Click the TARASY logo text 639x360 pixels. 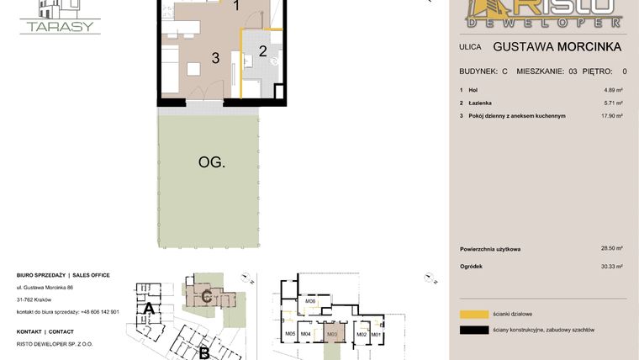pyautogui.click(x=60, y=26)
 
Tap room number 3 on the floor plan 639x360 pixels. pyautogui.click(x=215, y=58)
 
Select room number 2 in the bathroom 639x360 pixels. pyautogui.click(x=262, y=51)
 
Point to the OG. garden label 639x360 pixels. pyautogui.click(x=211, y=162)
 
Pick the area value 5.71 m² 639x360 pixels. pyautogui.click(x=613, y=103)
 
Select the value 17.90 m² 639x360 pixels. pyautogui.click(x=611, y=115)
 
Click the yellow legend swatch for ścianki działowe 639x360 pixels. pyautogui.click(x=475, y=314)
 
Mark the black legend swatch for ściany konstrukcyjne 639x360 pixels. pyautogui.click(x=475, y=330)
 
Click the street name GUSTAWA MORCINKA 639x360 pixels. pyautogui.click(x=557, y=47)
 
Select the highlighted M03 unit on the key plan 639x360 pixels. pyautogui.click(x=332, y=334)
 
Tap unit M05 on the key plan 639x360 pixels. pyautogui.click(x=290, y=335)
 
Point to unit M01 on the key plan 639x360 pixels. pyautogui.click(x=376, y=335)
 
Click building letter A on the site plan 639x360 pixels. pyautogui.click(x=148, y=309)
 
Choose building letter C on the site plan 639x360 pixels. pyautogui.click(x=205, y=296)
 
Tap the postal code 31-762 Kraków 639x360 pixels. pyautogui.click(x=34, y=299)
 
